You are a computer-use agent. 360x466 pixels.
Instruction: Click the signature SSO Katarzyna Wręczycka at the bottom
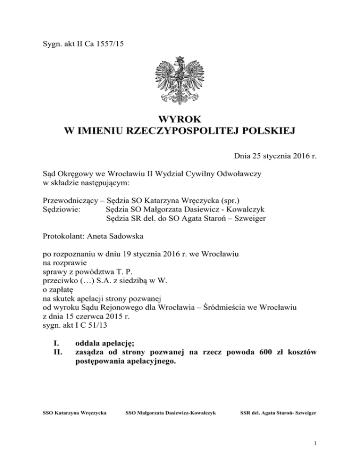pyautogui.click(x=74, y=413)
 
